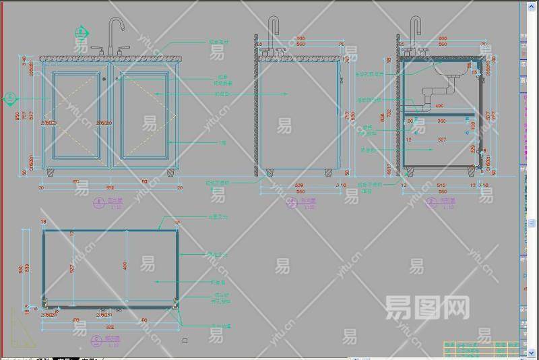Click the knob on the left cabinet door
(x=104, y=80)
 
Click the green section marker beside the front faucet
(x=82, y=32)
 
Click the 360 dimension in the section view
(x=441, y=121)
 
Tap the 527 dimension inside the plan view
(x=72, y=268)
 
